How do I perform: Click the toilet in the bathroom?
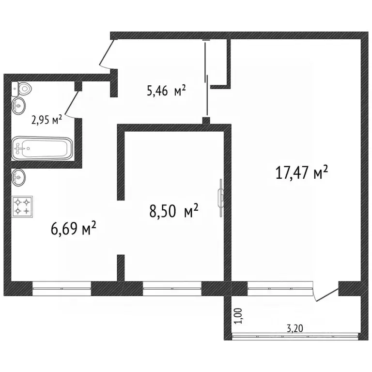23,88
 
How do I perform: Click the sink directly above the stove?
19,177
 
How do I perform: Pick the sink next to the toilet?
19,104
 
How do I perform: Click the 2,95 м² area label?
46,120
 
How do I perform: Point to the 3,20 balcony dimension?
295,328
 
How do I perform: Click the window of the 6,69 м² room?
62,289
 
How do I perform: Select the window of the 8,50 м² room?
172,289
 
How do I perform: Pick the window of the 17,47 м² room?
279,289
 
